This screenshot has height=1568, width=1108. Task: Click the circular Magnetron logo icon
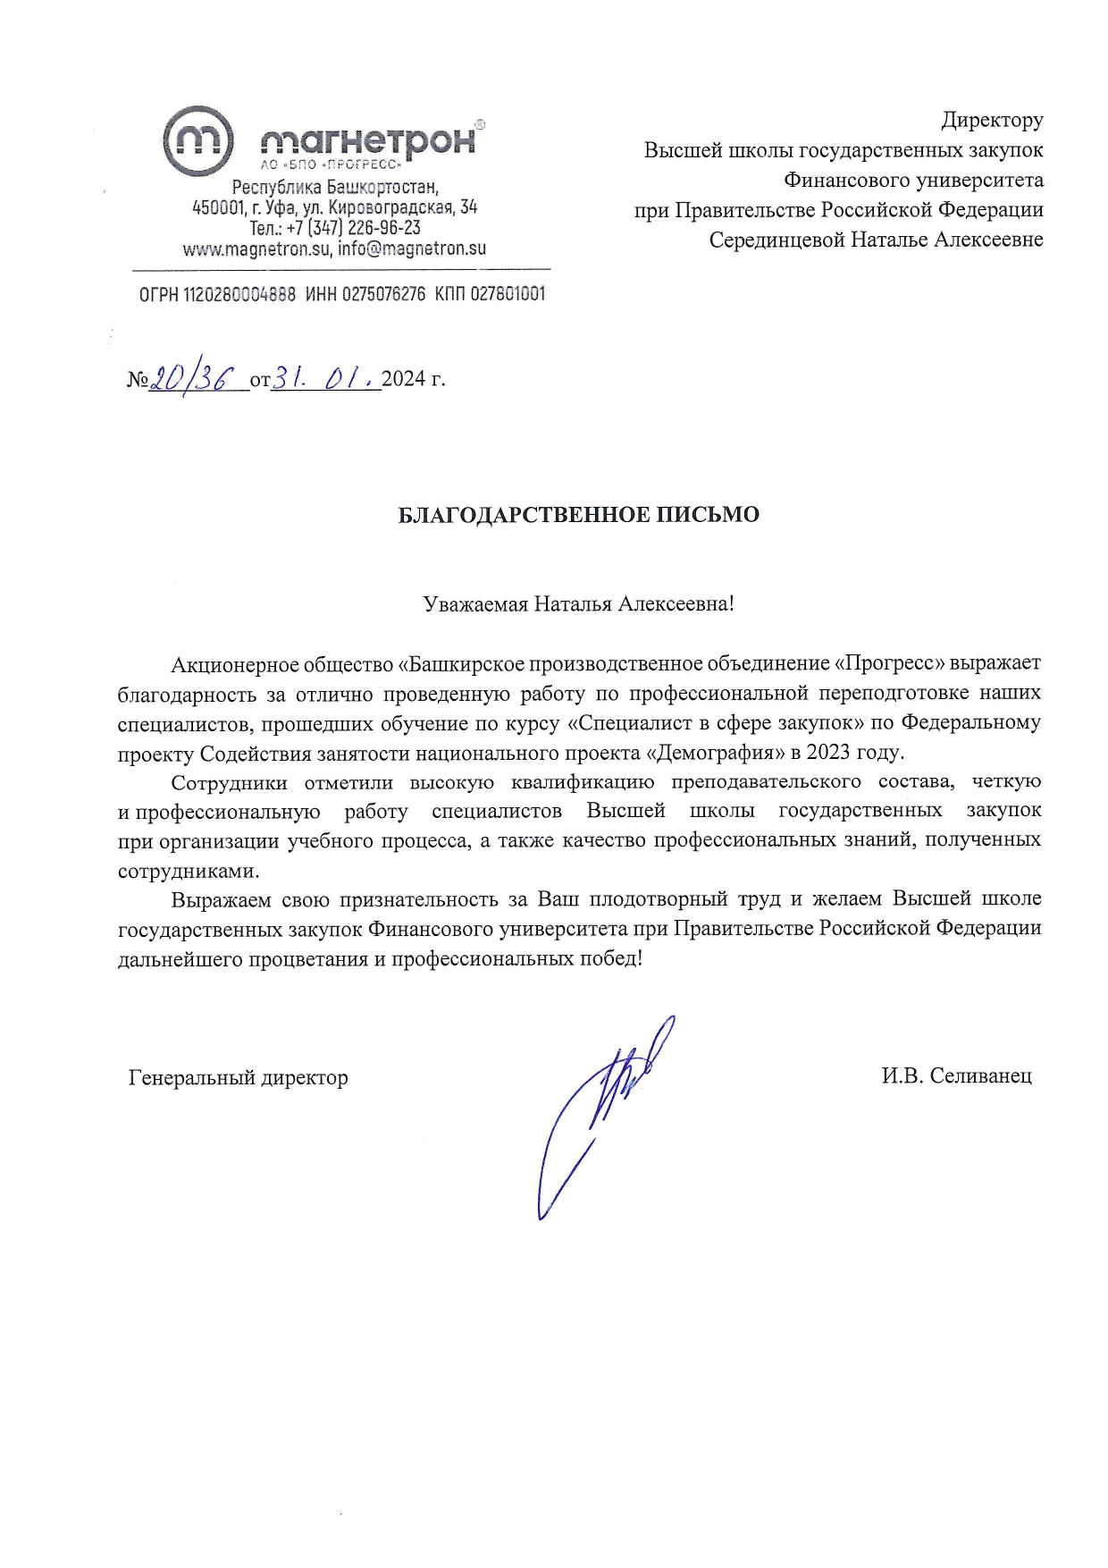tap(197, 140)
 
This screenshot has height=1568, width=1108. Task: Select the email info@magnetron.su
tap(412, 249)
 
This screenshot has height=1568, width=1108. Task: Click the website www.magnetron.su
tap(256, 249)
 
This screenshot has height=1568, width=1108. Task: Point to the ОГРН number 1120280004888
tap(239, 294)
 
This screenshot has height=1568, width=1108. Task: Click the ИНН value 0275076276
tap(383, 294)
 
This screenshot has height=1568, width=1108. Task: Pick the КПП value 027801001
tap(507, 294)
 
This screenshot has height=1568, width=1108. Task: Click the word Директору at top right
tap(992, 120)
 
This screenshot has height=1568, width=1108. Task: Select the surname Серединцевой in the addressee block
tap(776, 240)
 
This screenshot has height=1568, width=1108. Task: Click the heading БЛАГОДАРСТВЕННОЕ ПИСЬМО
tap(578, 515)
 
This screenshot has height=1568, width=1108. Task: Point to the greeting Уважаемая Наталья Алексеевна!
tap(578, 603)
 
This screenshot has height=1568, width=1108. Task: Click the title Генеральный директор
tap(238, 1077)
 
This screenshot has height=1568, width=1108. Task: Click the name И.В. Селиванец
tap(956, 1075)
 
